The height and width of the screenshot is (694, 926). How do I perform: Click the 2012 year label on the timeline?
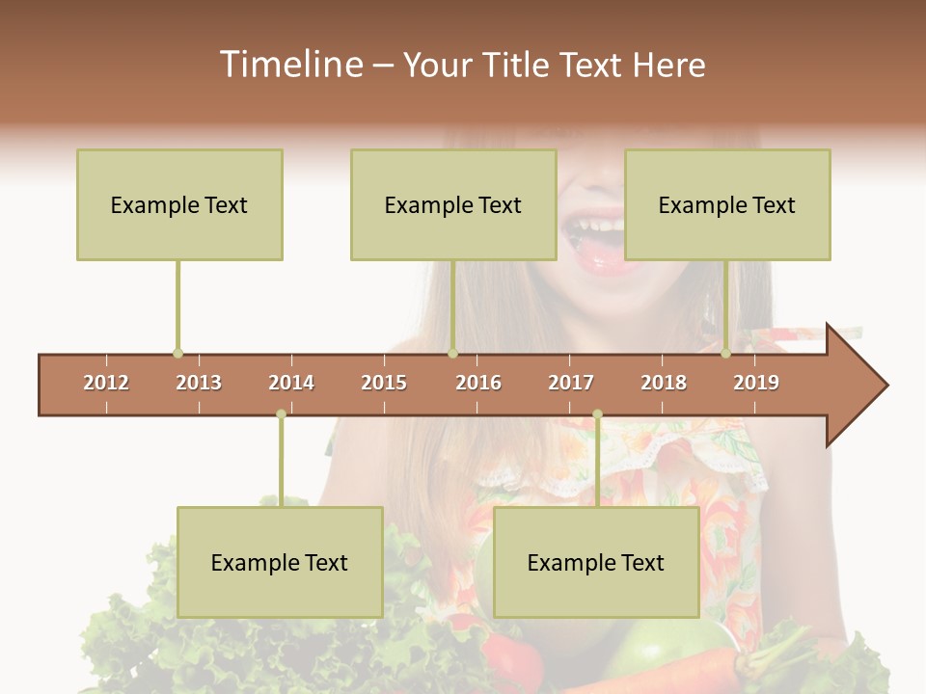pos(106,383)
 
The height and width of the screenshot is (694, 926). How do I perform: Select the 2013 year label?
pos(199,383)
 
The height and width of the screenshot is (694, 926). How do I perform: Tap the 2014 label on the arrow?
pos(291,383)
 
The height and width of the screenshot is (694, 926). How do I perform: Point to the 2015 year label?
pos(384,383)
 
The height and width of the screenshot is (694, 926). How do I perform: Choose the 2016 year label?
pos(478,383)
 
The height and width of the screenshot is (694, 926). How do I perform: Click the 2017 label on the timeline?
pos(571,383)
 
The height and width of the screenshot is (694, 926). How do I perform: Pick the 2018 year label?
pos(664,383)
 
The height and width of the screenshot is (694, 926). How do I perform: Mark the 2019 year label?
pos(756,383)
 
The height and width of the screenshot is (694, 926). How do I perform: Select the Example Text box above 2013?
pos(179,204)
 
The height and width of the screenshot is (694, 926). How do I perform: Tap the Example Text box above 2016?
pos(453,204)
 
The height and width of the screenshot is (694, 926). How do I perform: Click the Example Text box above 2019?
pos(727,204)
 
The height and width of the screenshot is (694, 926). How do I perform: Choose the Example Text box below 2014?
pos(280,562)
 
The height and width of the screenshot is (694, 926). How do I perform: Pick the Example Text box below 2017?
pos(596,562)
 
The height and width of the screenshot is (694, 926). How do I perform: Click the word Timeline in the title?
pos(289,65)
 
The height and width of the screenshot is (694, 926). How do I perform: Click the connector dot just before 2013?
pos(177,354)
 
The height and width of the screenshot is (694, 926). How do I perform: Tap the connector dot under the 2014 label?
pos(281,414)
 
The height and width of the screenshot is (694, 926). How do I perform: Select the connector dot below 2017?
pos(597,414)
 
